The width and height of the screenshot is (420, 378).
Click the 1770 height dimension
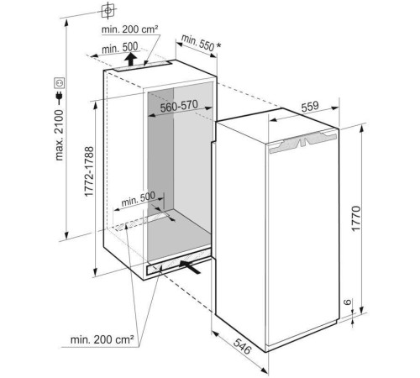355,218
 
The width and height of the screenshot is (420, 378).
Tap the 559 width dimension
310,106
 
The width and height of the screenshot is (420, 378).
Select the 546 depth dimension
243,346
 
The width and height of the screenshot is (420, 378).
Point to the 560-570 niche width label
179,106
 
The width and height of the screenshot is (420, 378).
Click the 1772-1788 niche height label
89,171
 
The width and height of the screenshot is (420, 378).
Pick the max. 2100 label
60,135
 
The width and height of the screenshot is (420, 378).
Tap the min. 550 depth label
197,43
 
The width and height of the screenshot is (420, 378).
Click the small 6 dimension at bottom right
347,302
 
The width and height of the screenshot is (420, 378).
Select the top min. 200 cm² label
129,29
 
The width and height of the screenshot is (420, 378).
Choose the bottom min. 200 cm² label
102,339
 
